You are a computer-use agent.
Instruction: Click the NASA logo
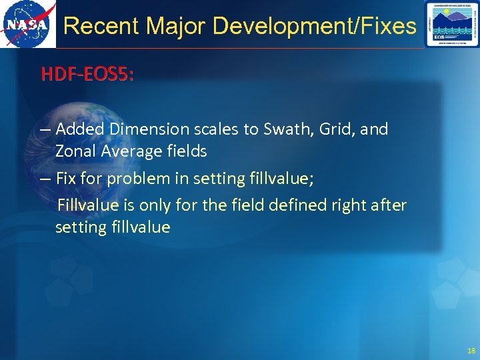click(27, 25)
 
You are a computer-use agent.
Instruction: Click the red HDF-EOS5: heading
click(87, 74)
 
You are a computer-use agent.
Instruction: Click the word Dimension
click(143, 129)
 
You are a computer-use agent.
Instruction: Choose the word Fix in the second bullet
click(67, 179)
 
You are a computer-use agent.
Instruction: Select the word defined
click(300, 205)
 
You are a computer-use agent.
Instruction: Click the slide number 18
click(471, 351)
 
